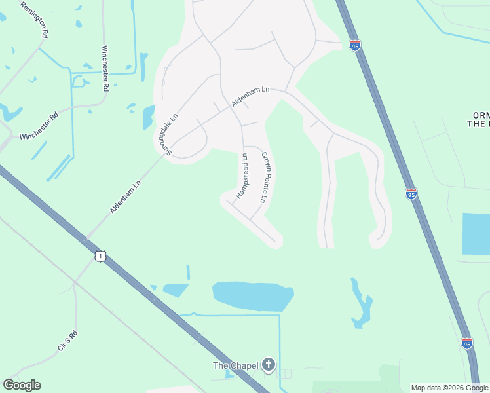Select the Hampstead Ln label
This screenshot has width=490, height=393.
(242, 176)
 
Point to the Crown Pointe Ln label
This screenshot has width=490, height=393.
(265, 177)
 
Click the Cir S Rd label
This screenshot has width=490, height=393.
(67, 340)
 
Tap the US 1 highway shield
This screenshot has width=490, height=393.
(99, 256)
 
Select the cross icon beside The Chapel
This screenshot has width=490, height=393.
(268, 365)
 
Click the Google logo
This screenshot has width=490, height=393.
(22, 385)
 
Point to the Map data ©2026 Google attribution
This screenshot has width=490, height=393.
(449, 388)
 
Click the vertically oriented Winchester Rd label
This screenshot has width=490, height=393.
(105, 67)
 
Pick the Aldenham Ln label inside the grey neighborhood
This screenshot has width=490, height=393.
(250, 98)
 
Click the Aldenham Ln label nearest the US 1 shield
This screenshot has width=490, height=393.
(125, 196)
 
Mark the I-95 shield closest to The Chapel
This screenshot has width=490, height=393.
(466, 343)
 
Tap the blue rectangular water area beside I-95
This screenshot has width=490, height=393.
(476, 233)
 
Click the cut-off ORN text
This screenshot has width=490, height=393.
(480, 115)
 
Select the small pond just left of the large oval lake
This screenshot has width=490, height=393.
(176, 290)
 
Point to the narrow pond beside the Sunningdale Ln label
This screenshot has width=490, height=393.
(149, 117)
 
